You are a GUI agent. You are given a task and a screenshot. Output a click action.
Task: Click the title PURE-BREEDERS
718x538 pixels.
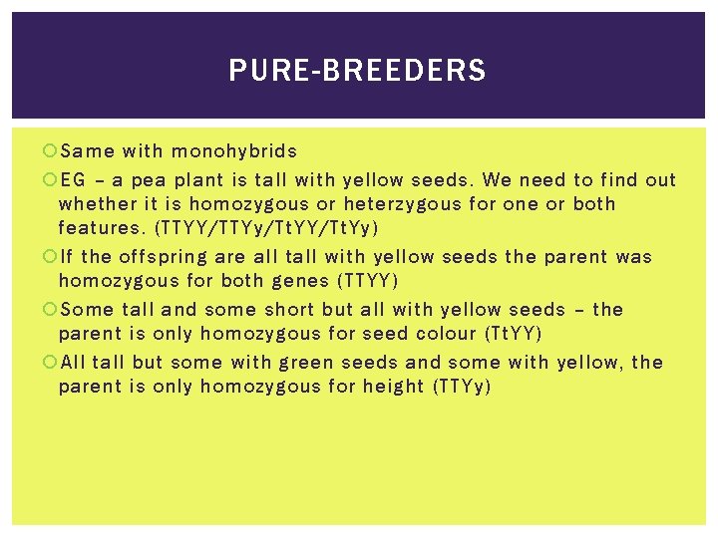click(x=357, y=71)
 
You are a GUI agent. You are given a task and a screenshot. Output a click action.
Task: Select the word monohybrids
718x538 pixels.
click(x=234, y=151)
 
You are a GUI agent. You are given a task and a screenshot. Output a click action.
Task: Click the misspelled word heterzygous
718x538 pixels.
click(x=400, y=204)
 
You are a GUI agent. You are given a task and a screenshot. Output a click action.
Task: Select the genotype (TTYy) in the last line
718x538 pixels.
click(x=463, y=387)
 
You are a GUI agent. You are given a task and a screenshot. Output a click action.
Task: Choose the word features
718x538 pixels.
click(x=99, y=228)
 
